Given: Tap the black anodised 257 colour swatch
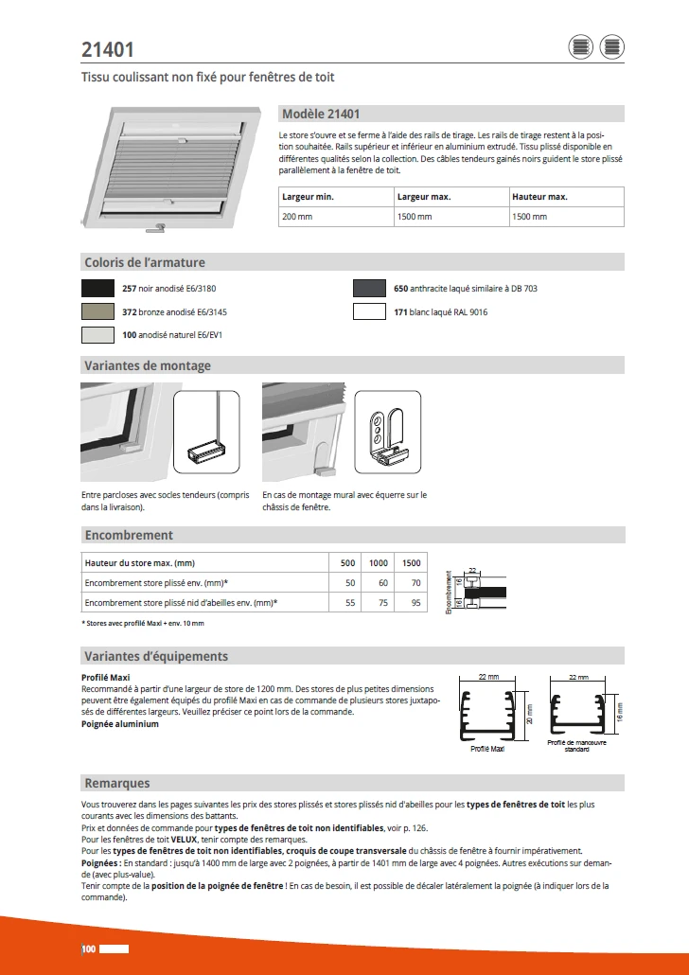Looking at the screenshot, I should [x=99, y=289].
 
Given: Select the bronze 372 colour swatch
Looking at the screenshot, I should [x=99, y=311].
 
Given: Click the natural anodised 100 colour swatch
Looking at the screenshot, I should [x=99, y=334].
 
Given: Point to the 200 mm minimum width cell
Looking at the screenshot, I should [x=297, y=217].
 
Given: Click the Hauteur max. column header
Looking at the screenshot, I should [x=539, y=197].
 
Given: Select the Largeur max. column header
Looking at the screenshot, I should [x=424, y=197].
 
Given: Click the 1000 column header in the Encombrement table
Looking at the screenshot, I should [x=379, y=562].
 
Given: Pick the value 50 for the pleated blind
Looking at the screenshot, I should [x=349, y=582].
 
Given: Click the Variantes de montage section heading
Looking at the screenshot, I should [x=148, y=365].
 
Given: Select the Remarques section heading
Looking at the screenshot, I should [x=117, y=783].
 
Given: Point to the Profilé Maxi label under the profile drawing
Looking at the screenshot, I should [x=488, y=749].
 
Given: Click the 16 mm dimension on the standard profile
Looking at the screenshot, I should [x=621, y=709].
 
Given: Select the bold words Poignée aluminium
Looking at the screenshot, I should [x=120, y=724].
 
